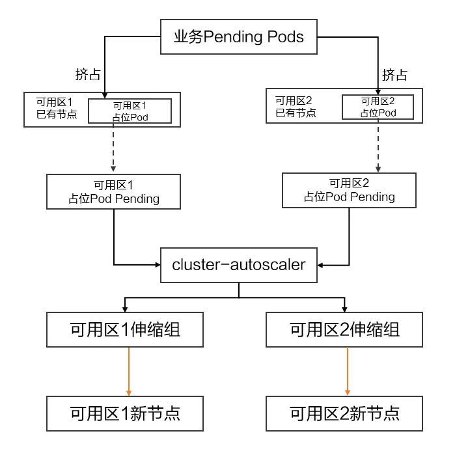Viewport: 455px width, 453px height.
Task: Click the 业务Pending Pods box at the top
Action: [x=239, y=36]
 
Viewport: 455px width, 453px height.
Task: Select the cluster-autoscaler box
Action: [x=238, y=265]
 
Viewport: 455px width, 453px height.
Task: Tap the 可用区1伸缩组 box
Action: [x=125, y=330]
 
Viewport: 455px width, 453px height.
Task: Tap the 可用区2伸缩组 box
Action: [x=345, y=330]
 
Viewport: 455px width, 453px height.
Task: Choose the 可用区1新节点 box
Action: [x=125, y=413]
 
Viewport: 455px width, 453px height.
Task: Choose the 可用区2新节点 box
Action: [x=345, y=413]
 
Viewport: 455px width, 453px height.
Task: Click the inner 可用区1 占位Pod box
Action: [x=130, y=111]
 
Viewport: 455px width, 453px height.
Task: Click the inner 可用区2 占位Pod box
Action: [x=378, y=107]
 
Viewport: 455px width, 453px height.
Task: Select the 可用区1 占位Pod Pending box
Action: [x=114, y=191]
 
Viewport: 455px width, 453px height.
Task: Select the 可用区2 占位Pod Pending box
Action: [x=349, y=190]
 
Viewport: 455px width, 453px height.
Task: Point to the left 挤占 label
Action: [x=88, y=74]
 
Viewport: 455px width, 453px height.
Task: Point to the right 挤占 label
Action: [x=394, y=74]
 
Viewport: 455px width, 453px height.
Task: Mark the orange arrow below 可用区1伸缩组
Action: [x=129, y=370]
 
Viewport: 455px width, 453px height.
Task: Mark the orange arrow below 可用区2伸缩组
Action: [x=348, y=370]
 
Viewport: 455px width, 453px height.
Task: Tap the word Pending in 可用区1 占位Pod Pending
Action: [x=137, y=199]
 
